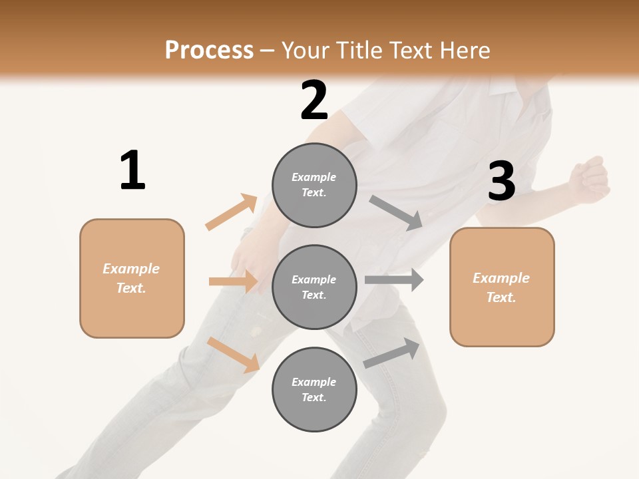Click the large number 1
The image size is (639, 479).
coord(132,171)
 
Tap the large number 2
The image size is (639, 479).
coord(314,100)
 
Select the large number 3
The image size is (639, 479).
coord(501,182)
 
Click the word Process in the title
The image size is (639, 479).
coord(209,50)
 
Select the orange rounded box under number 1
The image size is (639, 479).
coord(132,278)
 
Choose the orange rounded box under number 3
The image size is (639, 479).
coord(502,287)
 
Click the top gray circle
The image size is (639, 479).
coord(314,185)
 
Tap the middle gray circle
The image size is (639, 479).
coord(314,287)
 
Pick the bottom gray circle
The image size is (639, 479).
coord(314,389)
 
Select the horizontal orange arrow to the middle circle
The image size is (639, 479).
coord(233,281)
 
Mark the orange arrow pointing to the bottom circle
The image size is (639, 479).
coord(233,355)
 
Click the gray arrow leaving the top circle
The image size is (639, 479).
coord(396,212)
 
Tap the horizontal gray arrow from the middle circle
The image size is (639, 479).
coord(394,280)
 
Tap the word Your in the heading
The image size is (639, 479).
coord(305,50)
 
